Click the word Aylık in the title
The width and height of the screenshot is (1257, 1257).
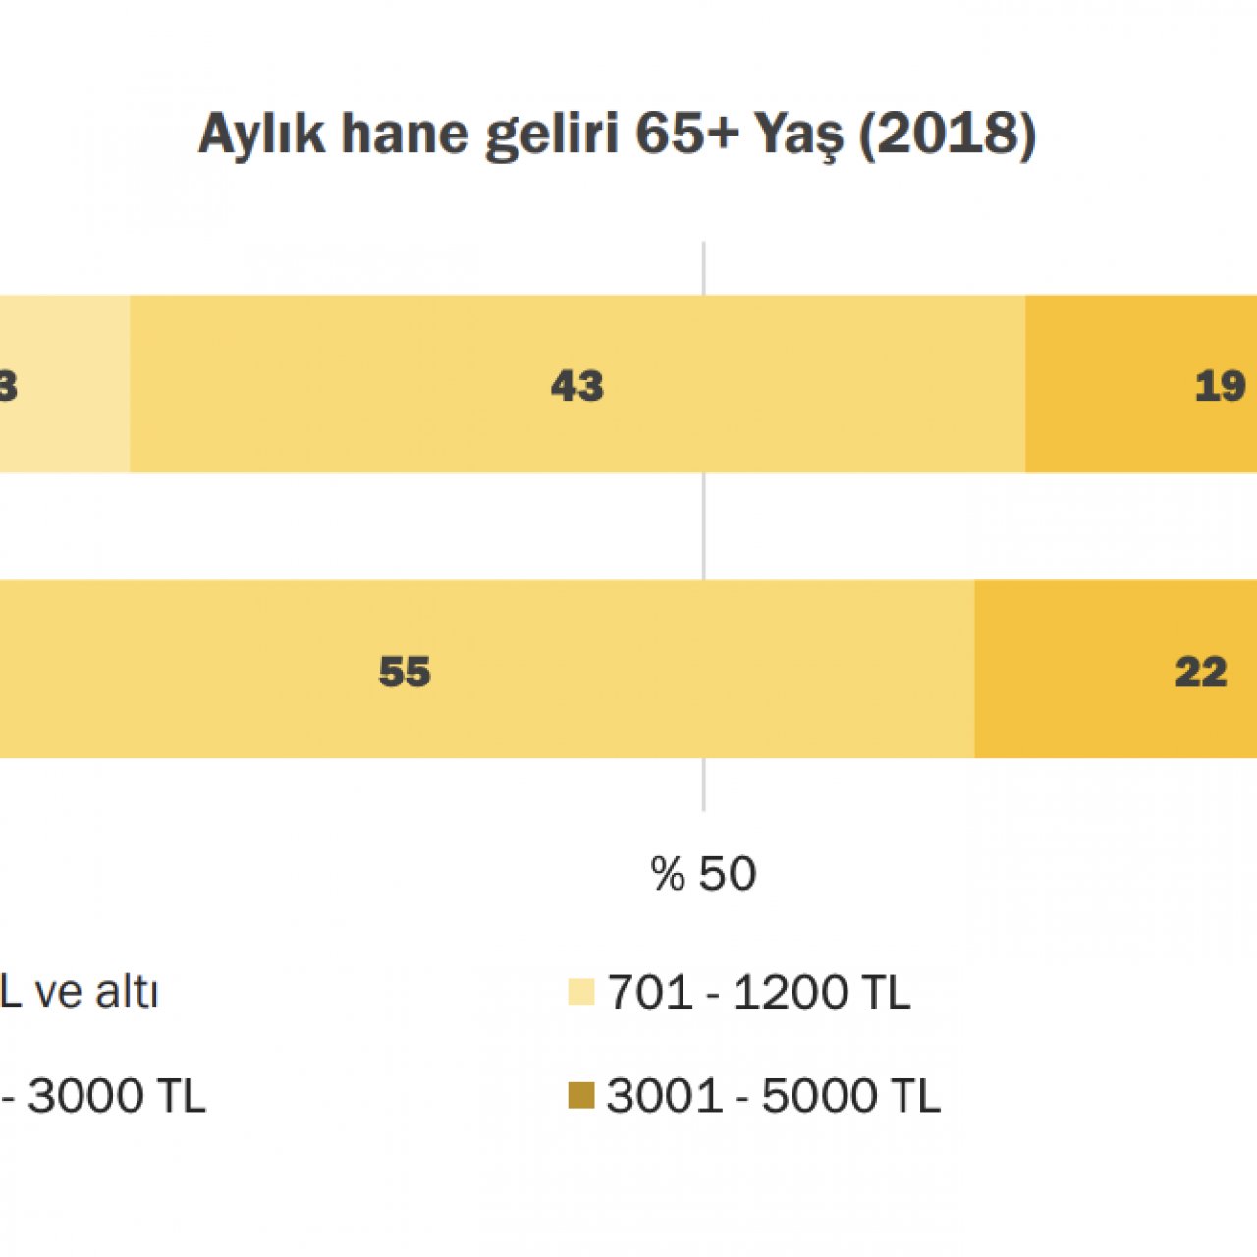pos(261,134)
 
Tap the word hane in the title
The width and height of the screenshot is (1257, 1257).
pos(403,134)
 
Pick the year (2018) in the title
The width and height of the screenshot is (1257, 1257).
pos(948,134)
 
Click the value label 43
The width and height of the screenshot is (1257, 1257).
pos(577,386)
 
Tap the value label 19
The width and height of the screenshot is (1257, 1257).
pos(1220,386)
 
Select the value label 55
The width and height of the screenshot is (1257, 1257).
pos(405,672)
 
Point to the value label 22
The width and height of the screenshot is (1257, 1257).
pos(1201,672)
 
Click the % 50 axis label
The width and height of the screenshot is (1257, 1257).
pos(703,873)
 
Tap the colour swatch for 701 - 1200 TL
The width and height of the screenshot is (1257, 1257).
pos(581,992)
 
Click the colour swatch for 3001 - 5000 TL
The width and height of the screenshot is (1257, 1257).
pos(581,1095)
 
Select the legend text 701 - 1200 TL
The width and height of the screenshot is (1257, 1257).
pos(759,992)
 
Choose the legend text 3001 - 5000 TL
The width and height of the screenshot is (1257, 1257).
pos(774,1095)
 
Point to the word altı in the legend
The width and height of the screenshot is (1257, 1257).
pos(127,992)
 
